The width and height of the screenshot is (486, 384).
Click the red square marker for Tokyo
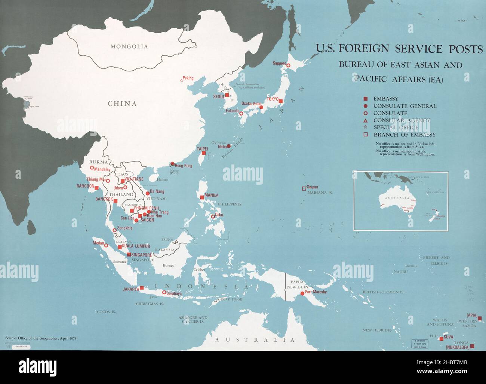tap(280, 101)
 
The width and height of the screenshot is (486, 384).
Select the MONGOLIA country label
tap(129, 47)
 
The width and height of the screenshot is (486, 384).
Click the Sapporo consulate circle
tap(288, 65)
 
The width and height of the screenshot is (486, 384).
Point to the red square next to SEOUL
tap(227, 95)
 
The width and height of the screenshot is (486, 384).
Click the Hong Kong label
tap(183, 166)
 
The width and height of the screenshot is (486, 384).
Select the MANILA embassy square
tap(202, 197)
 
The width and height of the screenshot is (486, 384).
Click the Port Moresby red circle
tap(302, 294)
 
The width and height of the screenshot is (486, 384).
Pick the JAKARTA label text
tap(130, 289)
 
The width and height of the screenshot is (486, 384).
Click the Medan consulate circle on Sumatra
tap(106, 246)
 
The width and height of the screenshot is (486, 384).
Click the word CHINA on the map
tap(122, 104)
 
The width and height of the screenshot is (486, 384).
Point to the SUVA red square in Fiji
tap(442, 339)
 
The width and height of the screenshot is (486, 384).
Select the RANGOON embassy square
tap(97, 188)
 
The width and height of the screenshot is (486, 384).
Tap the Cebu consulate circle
tap(213, 216)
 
